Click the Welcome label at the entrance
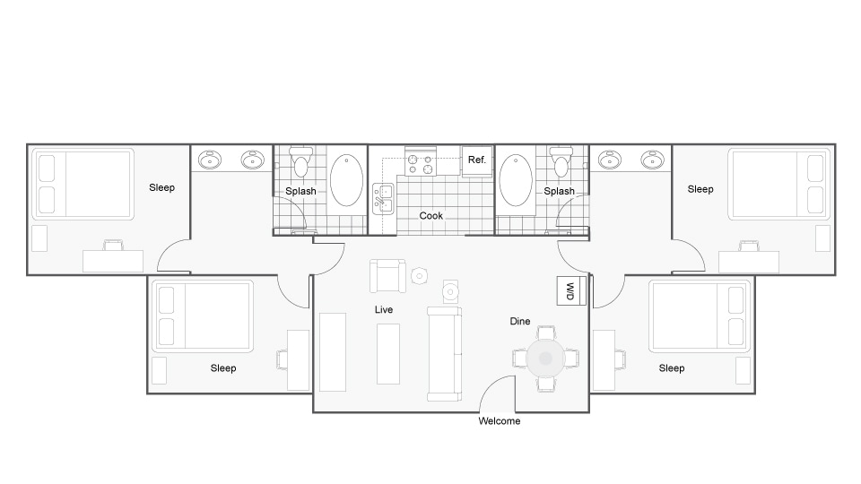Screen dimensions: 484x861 click(499, 421)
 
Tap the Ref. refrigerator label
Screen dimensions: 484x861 click(476, 160)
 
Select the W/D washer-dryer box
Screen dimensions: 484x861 click(570, 290)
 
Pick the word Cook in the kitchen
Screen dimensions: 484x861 click(430, 216)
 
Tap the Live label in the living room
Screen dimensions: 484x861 click(384, 309)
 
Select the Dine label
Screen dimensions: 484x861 click(520, 321)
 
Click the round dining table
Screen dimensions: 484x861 click(544, 359)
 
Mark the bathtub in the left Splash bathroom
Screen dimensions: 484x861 click(347, 181)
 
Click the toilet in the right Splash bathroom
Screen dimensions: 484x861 click(561, 162)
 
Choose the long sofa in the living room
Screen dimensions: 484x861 click(444, 352)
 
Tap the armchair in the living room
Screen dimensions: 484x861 click(387, 276)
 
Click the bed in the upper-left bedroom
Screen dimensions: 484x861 click(83, 184)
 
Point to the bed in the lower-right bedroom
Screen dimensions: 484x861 click(699, 316)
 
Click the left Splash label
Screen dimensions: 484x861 click(300, 191)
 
